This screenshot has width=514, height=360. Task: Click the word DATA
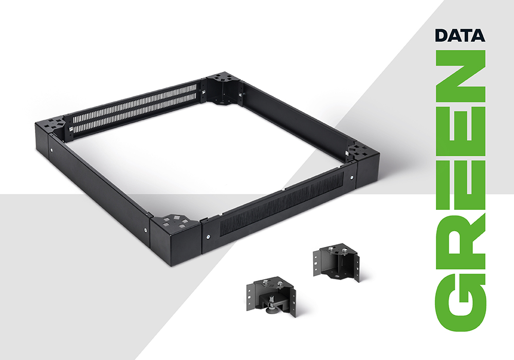[460, 35]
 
